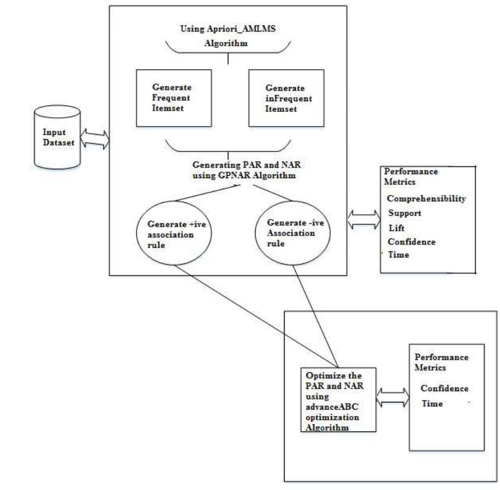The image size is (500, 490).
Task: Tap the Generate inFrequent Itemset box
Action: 276,96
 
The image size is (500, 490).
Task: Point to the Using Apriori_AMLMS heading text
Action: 227,30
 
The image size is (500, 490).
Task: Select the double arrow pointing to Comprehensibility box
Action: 363,219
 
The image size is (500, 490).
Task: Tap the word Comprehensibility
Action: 426,199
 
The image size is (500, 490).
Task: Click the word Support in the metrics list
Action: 405,213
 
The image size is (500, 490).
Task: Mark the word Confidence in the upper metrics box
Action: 411,241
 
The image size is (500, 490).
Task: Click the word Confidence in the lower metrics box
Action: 444,388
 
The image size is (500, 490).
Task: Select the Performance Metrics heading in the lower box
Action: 441,362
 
